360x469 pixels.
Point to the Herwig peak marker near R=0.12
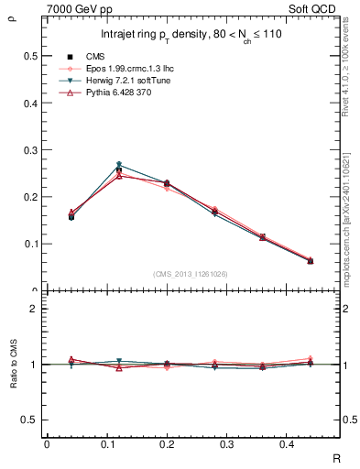point(119,166)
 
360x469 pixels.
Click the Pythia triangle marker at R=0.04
point(71,213)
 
